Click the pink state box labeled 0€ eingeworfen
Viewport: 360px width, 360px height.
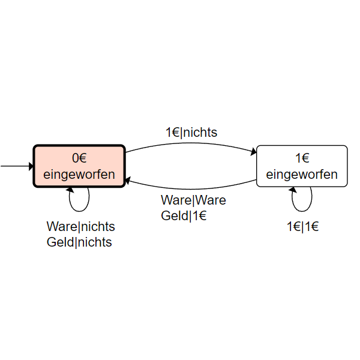coord(79,166)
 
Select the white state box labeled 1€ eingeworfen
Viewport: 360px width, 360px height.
coord(302,166)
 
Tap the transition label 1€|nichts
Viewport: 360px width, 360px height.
coord(191,132)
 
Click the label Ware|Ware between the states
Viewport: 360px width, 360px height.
coord(193,200)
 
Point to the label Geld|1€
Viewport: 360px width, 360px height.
coord(184,216)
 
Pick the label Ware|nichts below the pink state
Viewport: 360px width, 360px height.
coord(81,227)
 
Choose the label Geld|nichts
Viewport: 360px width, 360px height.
coord(79,242)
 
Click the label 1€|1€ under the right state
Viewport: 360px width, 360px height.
coord(302,227)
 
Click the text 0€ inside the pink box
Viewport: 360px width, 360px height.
coord(79,158)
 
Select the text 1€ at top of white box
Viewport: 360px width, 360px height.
coord(302,158)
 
